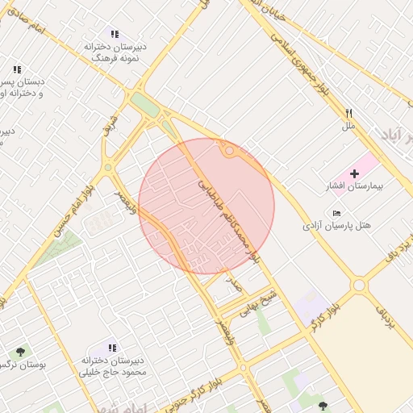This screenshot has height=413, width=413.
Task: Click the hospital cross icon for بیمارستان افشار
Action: pos(354,173)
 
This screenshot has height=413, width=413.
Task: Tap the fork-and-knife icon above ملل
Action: pos(348,114)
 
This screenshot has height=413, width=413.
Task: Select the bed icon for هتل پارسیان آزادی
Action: pos(336,212)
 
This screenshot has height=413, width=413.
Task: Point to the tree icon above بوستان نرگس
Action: pos(20,352)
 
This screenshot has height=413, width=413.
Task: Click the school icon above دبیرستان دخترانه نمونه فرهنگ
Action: pos(115,34)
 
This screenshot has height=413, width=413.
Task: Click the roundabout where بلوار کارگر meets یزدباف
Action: pos(359,285)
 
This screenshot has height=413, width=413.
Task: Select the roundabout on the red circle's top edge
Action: pos(230,151)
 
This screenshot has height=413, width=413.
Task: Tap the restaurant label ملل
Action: pos(348,126)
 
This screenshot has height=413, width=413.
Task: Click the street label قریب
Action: pos(111,127)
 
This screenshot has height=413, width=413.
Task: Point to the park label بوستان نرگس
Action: pos(24,365)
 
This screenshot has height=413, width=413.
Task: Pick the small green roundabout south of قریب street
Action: pos(107,168)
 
